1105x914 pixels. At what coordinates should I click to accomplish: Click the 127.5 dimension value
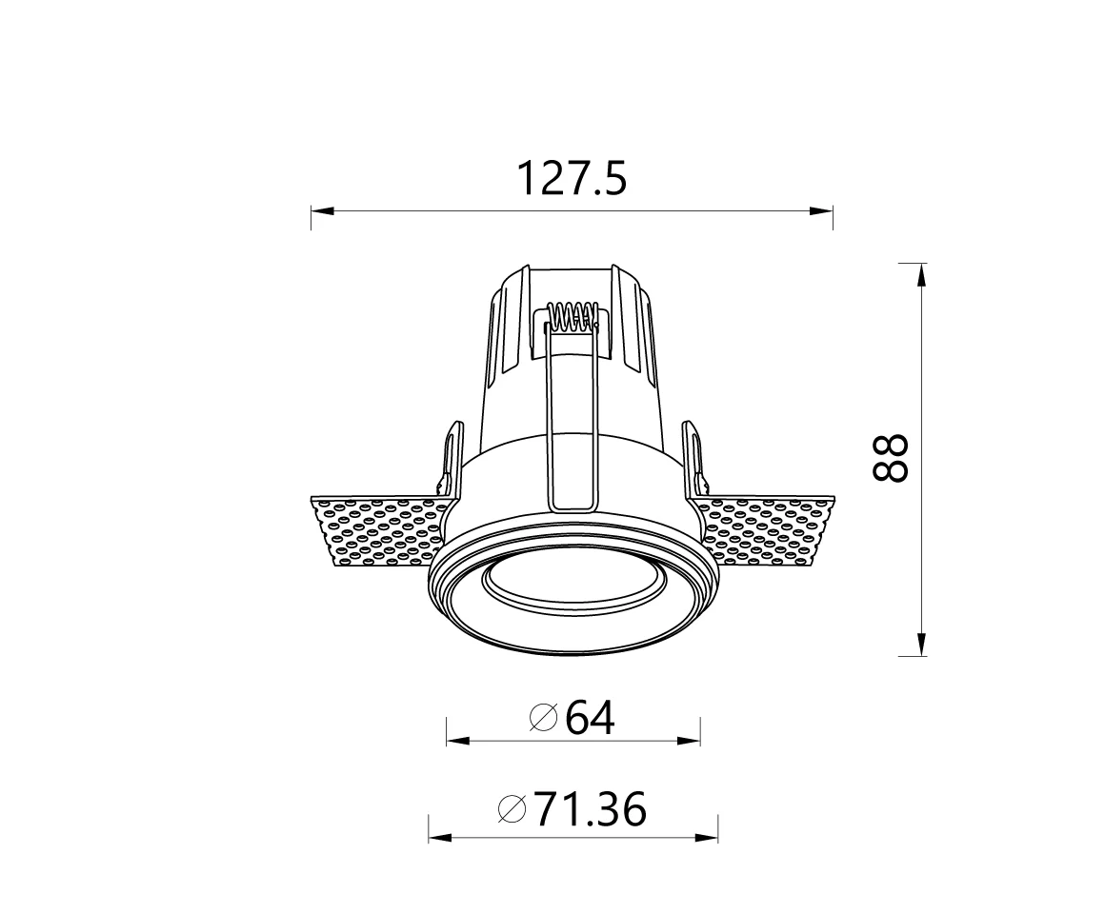[572, 179]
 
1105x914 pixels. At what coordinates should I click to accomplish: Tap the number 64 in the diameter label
[590, 718]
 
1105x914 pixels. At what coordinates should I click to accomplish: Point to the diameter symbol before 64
[542, 718]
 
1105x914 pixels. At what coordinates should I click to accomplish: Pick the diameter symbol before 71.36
[512, 810]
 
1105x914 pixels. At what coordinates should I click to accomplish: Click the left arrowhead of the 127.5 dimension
[322, 211]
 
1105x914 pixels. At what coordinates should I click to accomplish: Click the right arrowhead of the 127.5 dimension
[822, 211]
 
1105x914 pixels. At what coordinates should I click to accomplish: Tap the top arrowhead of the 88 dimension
[921, 274]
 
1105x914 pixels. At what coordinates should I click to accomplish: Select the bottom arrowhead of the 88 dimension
[921, 645]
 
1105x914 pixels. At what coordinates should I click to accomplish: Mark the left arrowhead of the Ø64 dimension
[458, 741]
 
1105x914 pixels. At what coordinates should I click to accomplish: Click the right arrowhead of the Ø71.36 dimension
[707, 838]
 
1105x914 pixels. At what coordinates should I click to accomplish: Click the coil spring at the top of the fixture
[573, 316]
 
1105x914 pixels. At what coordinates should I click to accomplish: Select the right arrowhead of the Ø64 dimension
[690, 741]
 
